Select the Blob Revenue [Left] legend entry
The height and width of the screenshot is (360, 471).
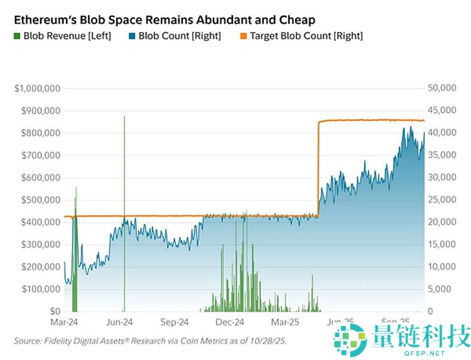(62, 36)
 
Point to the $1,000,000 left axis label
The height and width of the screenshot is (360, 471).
(37, 89)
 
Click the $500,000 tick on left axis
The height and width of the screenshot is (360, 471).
(39, 200)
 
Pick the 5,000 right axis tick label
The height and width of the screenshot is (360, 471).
(445, 289)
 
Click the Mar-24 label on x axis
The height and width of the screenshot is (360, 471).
(64, 322)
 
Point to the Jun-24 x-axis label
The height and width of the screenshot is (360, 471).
(119, 322)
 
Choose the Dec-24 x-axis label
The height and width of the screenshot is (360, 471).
(229, 322)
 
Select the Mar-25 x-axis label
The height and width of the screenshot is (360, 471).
(284, 322)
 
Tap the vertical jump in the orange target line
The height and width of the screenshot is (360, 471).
(318, 170)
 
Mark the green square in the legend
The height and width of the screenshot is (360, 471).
(18, 36)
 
